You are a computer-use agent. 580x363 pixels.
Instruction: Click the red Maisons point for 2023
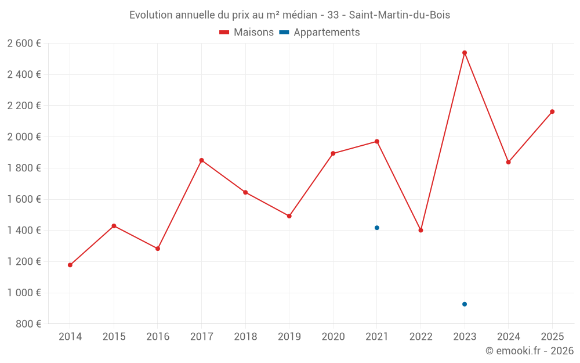coord(465,53)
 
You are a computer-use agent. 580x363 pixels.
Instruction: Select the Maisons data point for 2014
coord(70,265)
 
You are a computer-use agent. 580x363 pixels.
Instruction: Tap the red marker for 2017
coord(201,160)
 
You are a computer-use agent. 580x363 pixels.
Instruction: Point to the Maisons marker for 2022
coord(420,230)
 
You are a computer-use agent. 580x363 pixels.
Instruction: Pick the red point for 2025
coord(552,112)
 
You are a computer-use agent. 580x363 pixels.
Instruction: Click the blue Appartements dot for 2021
coord(377,228)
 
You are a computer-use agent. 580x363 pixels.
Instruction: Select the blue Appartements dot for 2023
coord(465,304)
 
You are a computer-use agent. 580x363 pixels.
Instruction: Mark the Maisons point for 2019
coord(289,216)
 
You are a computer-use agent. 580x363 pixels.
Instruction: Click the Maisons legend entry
coord(246,33)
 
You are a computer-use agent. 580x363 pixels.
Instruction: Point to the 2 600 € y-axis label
coord(24,44)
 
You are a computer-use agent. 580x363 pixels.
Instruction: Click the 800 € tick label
coord(28,324)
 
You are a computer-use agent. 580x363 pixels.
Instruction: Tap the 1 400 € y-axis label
coord(24,231)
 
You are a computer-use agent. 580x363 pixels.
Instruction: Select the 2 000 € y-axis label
coord(24,137)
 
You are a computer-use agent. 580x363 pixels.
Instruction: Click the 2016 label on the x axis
coord(158,336)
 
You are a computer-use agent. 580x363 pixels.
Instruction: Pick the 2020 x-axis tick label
coord(333,336)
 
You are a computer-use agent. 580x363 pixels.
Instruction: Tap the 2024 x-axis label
coord(508,336)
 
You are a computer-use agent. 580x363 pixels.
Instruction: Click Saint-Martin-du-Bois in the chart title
coord(400,15)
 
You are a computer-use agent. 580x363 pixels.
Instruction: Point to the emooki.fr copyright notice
coord(530,351)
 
